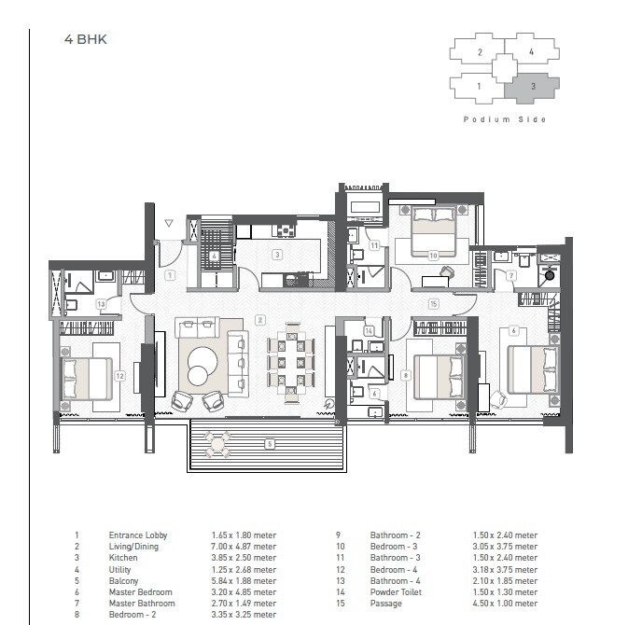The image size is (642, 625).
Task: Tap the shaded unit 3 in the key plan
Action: [x=531, y=87]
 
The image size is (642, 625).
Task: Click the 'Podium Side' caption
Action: [x=505, y=119]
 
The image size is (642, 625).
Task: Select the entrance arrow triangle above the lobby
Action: [x=168, y=224]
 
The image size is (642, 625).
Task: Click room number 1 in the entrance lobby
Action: [x=169, y=275]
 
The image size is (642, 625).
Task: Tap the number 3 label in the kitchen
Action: [x=277, y=254]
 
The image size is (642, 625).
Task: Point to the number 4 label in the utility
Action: [x=215, y=256]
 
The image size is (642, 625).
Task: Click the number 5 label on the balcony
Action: [x=269, y=444]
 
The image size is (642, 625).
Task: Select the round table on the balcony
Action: [x=218, y=444]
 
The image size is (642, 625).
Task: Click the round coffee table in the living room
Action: [x=199, y=375]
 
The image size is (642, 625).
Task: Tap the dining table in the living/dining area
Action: [x=292, y=365]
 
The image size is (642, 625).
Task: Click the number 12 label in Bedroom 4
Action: [x=119, y=376]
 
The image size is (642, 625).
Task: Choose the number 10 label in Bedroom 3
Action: [x=433, y=255]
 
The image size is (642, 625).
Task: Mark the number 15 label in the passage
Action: [x=433, y=304]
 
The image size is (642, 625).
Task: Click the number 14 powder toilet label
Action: [x=370, y=330]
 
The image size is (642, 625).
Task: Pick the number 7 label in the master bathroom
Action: [x=511, y=275]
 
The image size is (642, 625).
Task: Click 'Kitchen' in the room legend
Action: [x=123, y=558]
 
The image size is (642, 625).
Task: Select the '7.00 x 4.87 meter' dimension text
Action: [x=244, y=547]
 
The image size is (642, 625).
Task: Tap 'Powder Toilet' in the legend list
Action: [x=396, y=592]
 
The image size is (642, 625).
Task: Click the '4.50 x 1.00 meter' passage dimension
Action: [x=505, y=604]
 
